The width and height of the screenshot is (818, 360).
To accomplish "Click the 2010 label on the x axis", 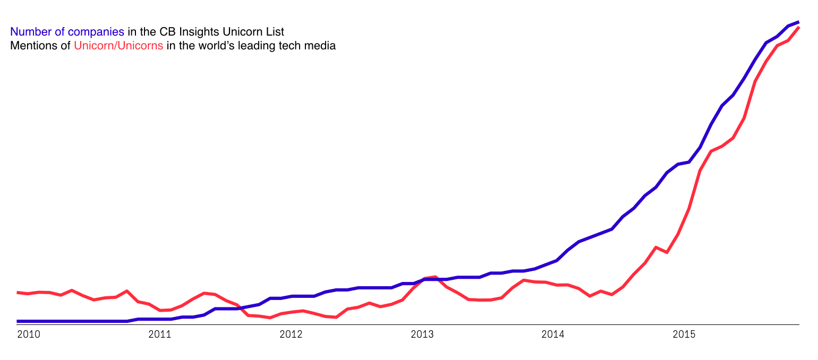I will pos(28,335).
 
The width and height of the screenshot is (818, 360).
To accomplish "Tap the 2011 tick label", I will pos(159,335).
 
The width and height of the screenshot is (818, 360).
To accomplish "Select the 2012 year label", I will pos(291,335).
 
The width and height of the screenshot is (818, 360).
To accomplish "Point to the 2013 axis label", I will pos(422,335).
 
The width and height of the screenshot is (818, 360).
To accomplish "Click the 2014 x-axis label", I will pos(552,335).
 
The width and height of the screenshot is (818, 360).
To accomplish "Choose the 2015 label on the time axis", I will pos(684,335).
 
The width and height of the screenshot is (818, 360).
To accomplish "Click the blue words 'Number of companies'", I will pos(67,32).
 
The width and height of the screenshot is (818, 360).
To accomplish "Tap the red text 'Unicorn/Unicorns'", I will pos(118,46).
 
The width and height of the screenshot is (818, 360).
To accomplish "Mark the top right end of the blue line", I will pos(798,22).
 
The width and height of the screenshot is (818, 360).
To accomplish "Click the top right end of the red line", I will pos(798,27).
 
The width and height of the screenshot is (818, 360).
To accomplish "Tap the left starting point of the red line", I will pos(18,292).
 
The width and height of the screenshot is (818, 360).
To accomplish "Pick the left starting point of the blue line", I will pos(18,321).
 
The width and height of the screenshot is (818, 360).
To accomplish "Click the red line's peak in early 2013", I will pos(435,277).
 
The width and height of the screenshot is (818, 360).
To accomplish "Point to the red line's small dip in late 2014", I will pos(667,252).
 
